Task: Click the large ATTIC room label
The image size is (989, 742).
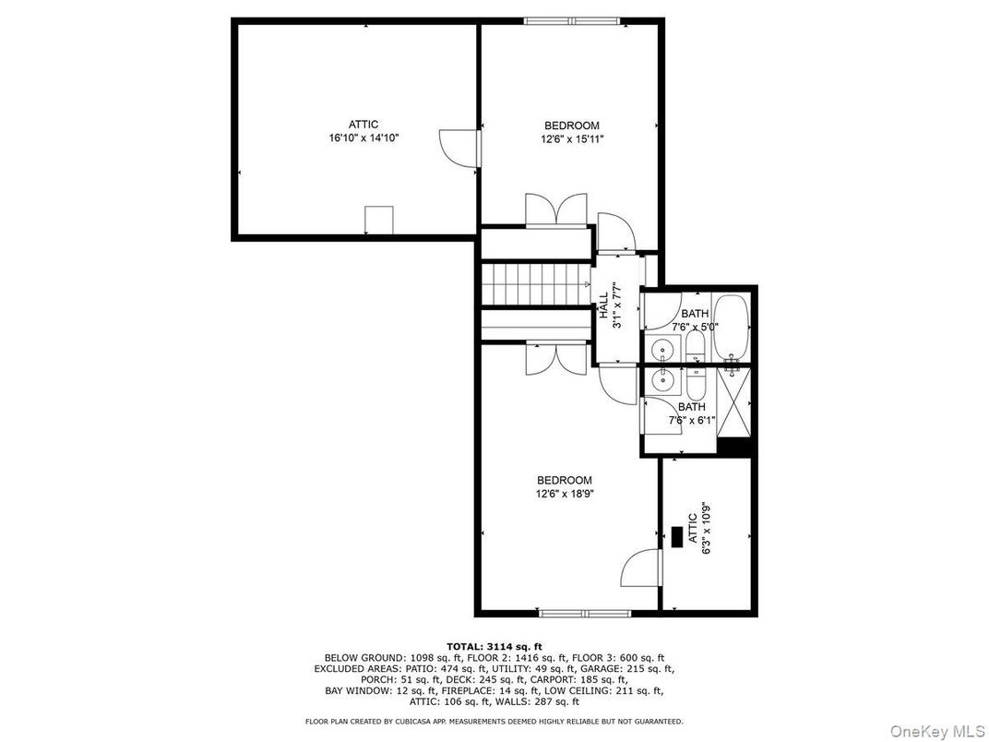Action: (363, 125)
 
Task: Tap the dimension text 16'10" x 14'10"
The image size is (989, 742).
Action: (363, 138)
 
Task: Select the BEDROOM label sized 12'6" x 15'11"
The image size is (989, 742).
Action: (572, 126)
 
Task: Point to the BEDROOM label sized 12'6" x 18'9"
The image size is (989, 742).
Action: (565, 480)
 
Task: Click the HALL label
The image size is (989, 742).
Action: (603, 305)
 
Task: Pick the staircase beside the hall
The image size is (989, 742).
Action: (535, 283)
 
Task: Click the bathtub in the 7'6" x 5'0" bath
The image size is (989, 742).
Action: (731, 326)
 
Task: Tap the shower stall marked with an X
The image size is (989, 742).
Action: (734, 402)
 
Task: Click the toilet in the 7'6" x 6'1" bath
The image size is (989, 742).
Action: (695, 381)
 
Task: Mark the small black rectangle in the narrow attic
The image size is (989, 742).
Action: (677, 537)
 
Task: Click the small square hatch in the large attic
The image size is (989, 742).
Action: (378, 221)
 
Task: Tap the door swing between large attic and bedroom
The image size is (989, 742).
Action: (458, 149)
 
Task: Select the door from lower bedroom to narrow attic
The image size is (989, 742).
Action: (641, 568)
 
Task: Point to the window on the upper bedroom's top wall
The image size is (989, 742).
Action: (572, 21)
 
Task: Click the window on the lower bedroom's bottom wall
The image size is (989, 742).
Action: (585, 613)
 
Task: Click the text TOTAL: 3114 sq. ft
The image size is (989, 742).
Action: (494, 646)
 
